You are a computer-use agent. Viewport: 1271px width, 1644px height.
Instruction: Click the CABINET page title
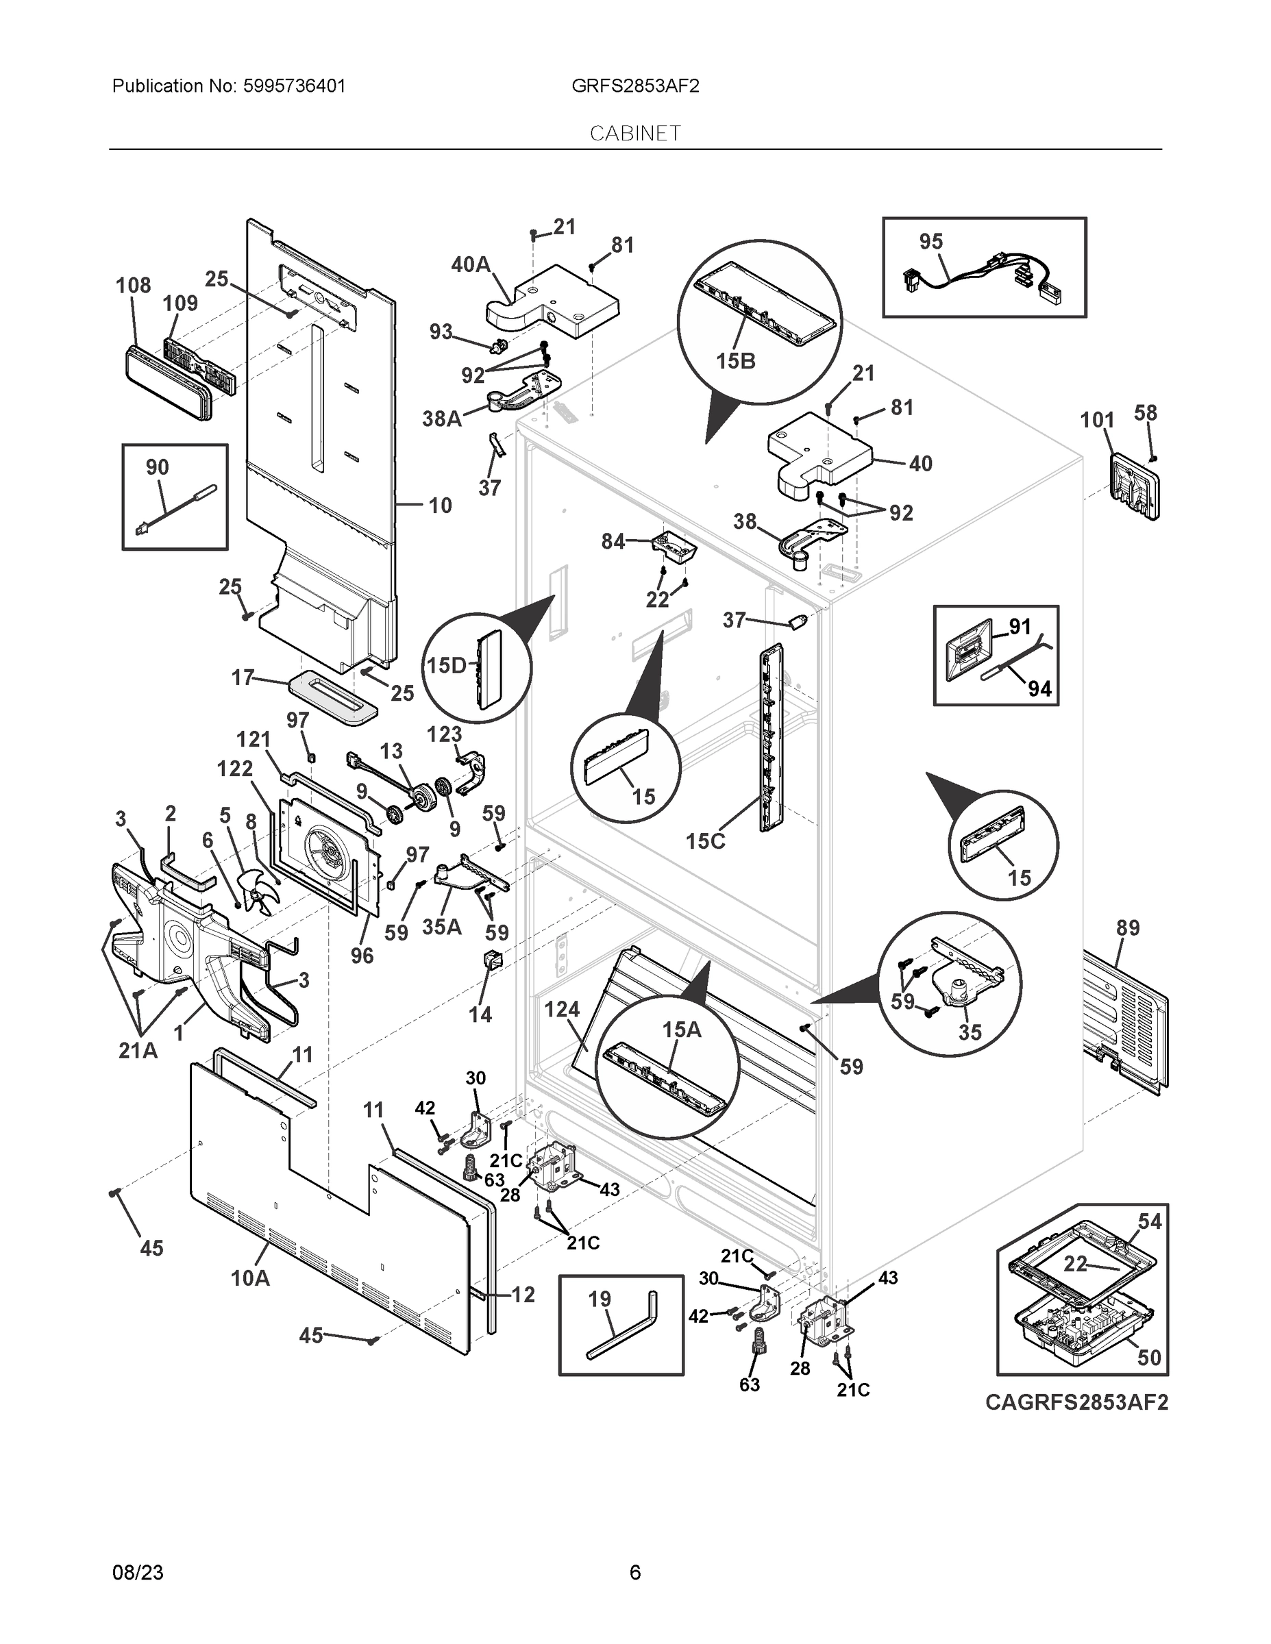(634, 134)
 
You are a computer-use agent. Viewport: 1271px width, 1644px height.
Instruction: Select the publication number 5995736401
(295, 86)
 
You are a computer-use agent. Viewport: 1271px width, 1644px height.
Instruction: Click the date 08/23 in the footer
(138, 1573)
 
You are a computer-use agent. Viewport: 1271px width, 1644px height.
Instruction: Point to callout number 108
(134, 285)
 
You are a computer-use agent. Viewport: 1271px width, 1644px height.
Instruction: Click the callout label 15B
(736, 361)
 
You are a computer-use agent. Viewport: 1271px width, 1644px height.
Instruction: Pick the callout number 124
(562, 1010)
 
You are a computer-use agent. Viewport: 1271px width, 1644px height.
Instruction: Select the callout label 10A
(250, 1278)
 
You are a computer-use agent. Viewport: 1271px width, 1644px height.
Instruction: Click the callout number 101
(1097, 420)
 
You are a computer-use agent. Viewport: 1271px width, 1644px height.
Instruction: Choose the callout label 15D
(447, 664)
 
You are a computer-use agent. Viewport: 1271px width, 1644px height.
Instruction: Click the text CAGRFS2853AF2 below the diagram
(1076, 1402)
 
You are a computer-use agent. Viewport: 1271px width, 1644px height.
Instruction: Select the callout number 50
(1149, 1357)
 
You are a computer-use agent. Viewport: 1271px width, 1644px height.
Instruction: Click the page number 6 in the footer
(634, 1573)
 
